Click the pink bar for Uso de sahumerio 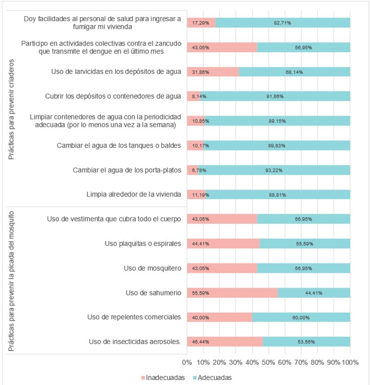(232, 293)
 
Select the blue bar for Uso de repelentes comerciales (301, 317)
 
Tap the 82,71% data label (282, 23)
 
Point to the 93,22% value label (274, 170)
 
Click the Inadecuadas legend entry (163, 378)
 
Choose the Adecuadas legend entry (212, 378)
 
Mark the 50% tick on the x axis (268, 362)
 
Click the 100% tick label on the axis (350, 362)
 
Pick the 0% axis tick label (187, 362)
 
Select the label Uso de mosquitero (153, 268)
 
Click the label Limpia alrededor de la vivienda (134, 195)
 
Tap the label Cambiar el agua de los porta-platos (127, 170)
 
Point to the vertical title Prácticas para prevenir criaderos (11, 109)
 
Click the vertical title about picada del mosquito (11, 281)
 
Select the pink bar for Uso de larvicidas (213, 72)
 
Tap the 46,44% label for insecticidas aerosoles (201, 342)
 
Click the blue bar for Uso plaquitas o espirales (305, 244)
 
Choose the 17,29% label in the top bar (201, 23)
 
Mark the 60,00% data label (301, 317)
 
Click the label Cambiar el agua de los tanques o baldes (119, 145)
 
